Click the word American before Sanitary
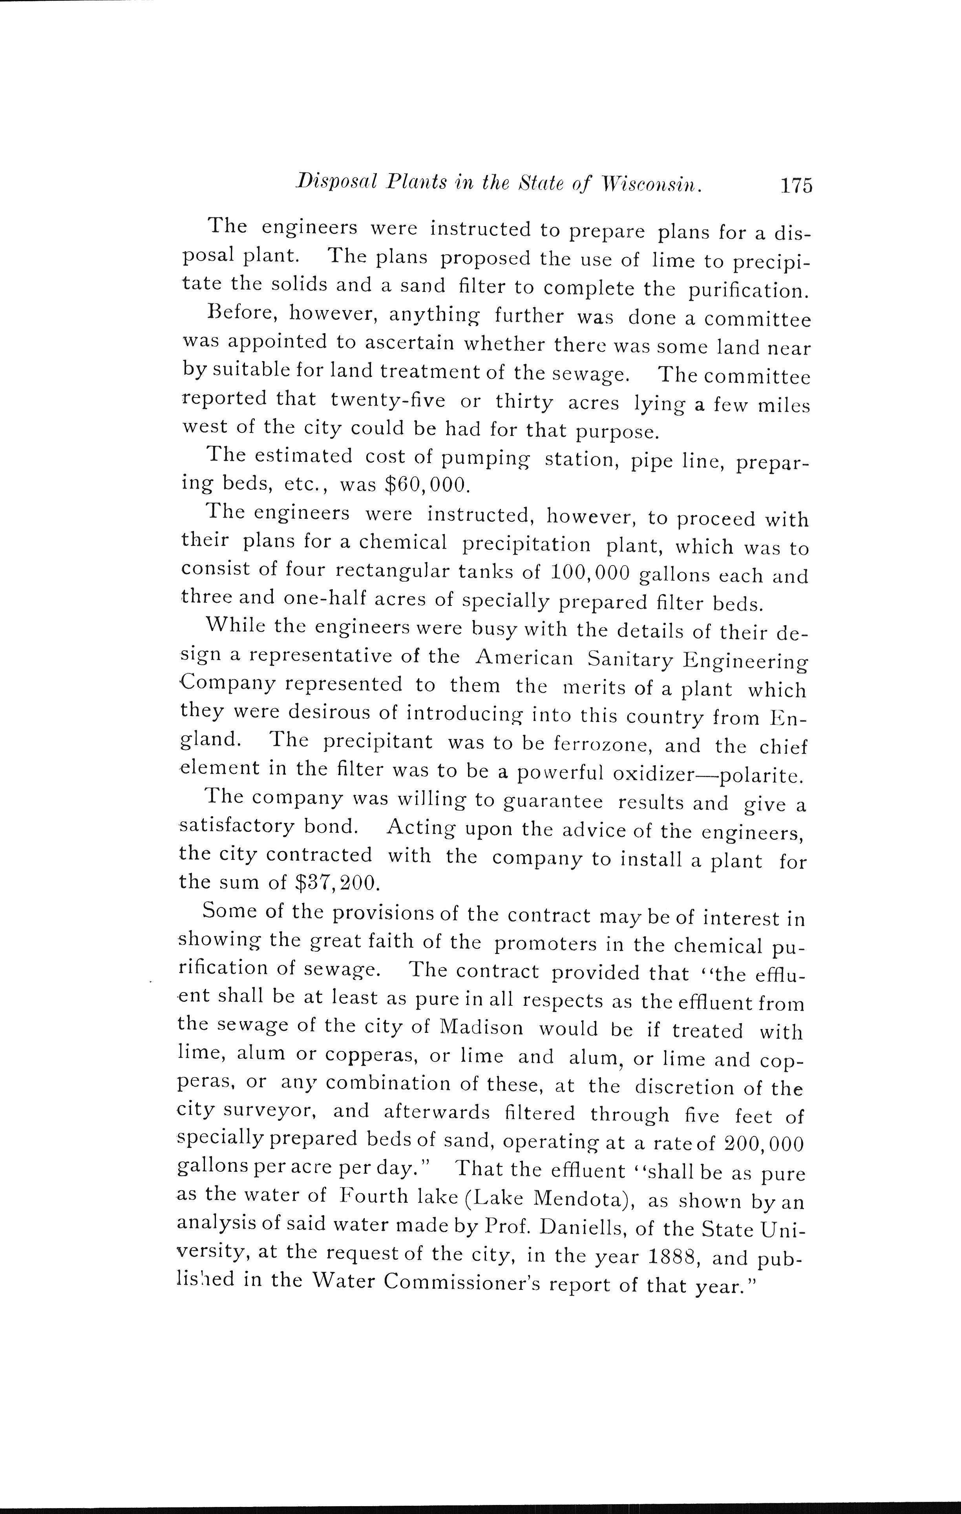coord(524,658)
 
